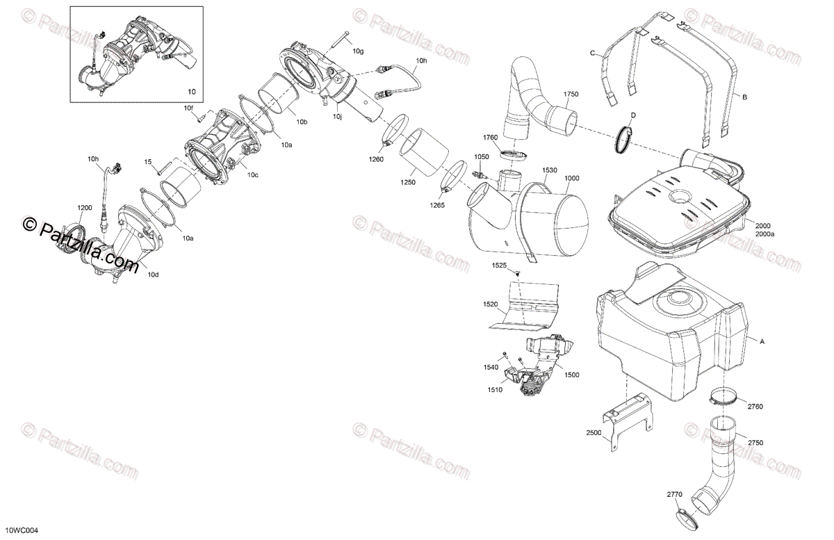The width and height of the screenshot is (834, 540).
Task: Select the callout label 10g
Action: [x=357, y=51]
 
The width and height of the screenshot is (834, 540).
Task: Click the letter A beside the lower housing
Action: [x=762, y=341]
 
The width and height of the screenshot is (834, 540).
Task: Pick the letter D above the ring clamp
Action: [x=632, y=115]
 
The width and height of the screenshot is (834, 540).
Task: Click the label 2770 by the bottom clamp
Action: [x=675, y=495]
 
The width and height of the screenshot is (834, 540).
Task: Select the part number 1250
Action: [x=408, y=182]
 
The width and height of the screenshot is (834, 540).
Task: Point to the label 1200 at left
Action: [x=84, y=208]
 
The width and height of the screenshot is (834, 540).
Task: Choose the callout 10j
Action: [x=337, y=117]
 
